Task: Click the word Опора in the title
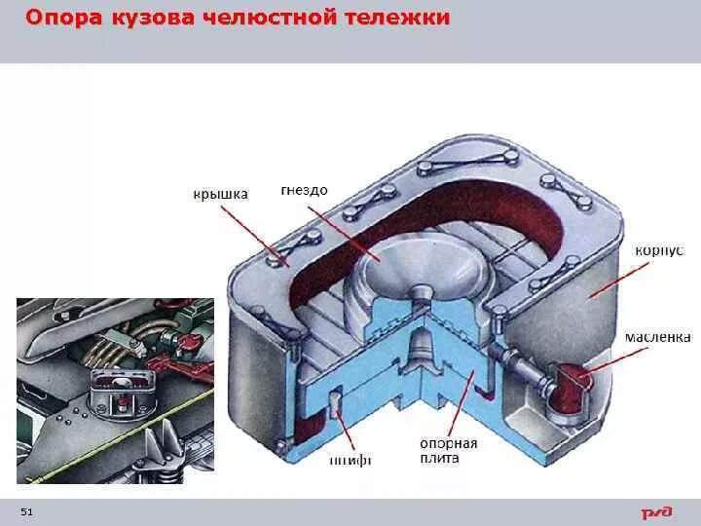pyautogui.click(x=61, y=19)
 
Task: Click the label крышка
pyautogui.click(x=220, y=194)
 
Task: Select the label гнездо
pyautogui.click(x=303, y=191)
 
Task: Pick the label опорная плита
pyautogui.click(x=449, y=450)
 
